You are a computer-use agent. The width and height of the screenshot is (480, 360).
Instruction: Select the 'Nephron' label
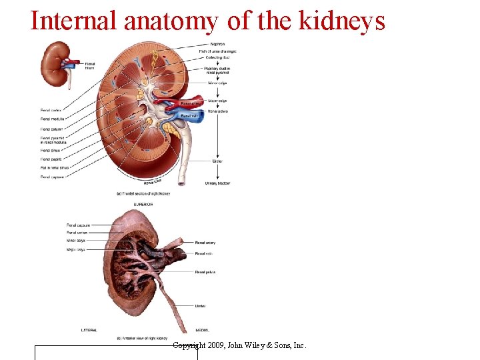(x=217, y=44)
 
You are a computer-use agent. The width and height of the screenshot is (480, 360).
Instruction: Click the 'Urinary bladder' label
(x=217, y=183)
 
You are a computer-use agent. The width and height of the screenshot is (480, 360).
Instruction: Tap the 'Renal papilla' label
(x=50, y=159)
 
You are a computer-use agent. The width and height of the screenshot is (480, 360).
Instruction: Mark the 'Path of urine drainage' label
(x=217, y=51)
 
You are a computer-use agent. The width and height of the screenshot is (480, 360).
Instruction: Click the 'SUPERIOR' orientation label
(x=143, y=204)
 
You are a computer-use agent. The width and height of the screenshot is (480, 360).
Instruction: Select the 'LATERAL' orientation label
(x=89, y=330)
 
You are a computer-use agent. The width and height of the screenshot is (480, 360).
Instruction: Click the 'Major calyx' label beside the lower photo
(x=75, y=249)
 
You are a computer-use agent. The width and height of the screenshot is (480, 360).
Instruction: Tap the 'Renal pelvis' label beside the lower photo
(x=205, y=272)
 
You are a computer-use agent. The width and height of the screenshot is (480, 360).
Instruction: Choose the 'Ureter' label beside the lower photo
(x=200, y=306)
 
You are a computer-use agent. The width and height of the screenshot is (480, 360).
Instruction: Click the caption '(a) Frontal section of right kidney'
(x=143, y=193)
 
